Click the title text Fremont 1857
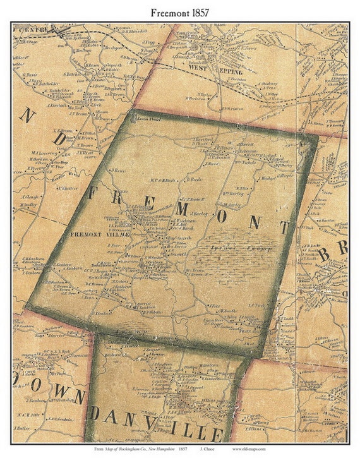coord(179,11)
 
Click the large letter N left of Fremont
coord(27,115)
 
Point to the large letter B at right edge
coord(324,255)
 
